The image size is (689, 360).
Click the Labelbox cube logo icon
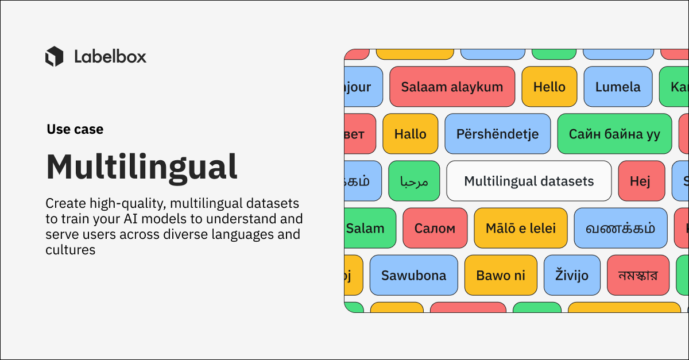[x=54, y=56]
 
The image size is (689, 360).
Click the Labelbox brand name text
[x=110, y=56]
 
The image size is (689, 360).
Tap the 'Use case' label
[x=75, y=130]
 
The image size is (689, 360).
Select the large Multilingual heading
[x=141, y=167]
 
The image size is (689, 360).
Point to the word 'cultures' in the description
[x=70, y=250]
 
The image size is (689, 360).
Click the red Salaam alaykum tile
[x=452, y=87]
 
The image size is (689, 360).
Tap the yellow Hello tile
[x=549, y=87]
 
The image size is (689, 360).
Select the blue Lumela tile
[x=618, y=87]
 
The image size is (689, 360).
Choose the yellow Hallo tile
[x=410, y=134]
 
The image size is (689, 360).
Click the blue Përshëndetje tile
[x=497, y=134]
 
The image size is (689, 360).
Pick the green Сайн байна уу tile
[x=614, y=134]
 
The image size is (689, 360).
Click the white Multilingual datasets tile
[x=529, y=181]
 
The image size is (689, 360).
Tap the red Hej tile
[x=640, y=181]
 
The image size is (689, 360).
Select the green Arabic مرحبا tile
[x=414, y=181]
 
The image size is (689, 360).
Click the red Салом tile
[x=435, y=228]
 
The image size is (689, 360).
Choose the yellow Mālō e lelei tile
[x=520, y=228]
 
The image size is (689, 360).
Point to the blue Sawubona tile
[x=413, y=275]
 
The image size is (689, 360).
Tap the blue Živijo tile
[x=572, y=275]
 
